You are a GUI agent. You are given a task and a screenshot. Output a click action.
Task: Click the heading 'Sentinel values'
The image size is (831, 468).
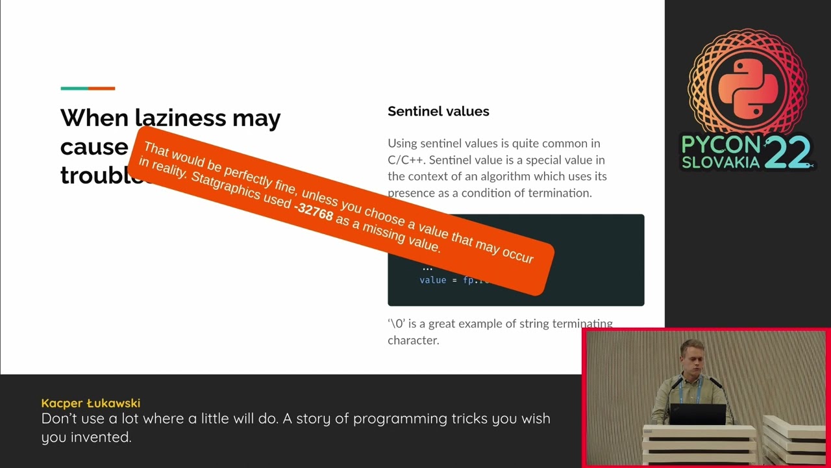tap(438, 111)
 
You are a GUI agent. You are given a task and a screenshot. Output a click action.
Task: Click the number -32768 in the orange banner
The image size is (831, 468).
tap(314, 211)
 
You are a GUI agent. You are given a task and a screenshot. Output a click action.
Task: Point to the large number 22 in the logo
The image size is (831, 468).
tap(788, 153)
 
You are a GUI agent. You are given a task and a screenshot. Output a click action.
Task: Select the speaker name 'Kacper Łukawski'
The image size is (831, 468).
tap(91, 403)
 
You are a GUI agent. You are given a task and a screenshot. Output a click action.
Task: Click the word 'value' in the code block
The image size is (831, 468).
tap(432, 280)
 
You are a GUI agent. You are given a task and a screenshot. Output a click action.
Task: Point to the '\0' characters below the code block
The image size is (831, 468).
tap(396, 324)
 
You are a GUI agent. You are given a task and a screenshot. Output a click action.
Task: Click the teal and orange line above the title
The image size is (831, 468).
tap(88, 88)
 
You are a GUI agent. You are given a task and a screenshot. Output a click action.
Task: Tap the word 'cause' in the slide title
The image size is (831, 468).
tap(93, 147)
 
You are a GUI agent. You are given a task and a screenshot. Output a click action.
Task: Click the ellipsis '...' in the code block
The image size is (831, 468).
tap(427, 267)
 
